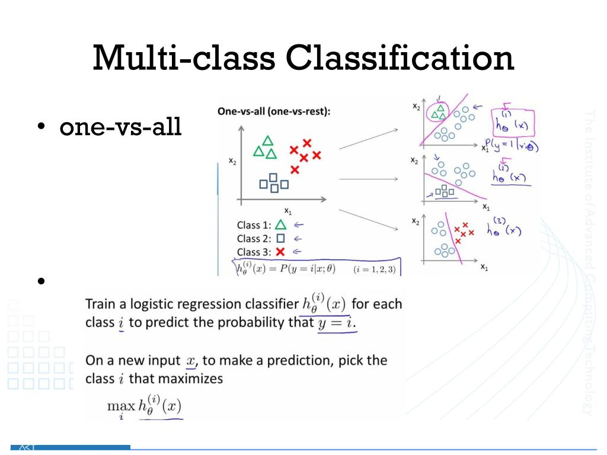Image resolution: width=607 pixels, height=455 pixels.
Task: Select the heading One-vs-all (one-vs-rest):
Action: (274, 111)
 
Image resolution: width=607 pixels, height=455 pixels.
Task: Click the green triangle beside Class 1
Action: (281, 225)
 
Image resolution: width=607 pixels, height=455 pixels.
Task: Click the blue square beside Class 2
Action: (281, 239)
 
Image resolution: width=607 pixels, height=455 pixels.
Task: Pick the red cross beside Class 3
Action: (281, 252)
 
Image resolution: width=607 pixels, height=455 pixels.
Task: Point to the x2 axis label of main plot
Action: (232, 161)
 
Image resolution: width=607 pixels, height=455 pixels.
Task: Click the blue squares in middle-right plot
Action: (444, 191)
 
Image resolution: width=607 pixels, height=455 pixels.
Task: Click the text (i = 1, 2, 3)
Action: (373, 269)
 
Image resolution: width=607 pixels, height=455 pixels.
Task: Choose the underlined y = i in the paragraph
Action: (337, 323)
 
